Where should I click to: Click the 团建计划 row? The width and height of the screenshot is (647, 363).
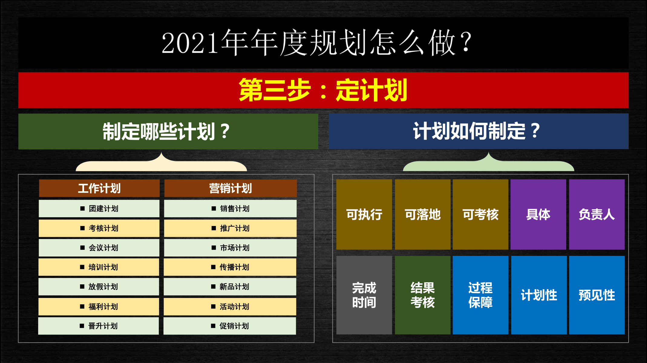99,208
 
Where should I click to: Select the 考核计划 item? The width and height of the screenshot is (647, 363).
99,228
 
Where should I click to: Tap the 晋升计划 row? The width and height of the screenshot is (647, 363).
99,326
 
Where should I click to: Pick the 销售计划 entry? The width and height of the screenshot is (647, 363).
230,208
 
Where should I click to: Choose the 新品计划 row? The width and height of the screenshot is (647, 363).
230,286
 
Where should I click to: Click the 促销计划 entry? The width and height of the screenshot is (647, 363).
230,326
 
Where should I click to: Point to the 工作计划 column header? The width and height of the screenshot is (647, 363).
99,188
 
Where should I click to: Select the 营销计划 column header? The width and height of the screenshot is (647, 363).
230,188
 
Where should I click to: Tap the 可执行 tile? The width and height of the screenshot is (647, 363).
364,214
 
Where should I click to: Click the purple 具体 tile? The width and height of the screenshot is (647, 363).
538,214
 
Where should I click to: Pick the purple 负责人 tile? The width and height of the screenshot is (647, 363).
597,214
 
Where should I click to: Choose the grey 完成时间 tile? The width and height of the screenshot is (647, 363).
364,295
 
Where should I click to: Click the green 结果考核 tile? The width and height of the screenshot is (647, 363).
423,295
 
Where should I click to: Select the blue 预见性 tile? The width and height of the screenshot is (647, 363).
597,295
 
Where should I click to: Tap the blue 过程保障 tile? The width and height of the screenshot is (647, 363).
480,295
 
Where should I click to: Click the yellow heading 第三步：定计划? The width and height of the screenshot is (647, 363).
323,90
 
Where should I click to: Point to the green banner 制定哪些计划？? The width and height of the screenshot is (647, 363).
168,132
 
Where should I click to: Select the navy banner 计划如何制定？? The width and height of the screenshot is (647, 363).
479,131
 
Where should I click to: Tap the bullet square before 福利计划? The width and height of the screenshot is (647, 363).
82,306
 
